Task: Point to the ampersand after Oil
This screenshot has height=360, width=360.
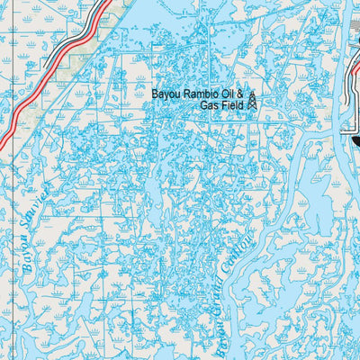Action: click(240, 93)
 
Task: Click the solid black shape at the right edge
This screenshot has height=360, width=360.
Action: click(355, 139)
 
